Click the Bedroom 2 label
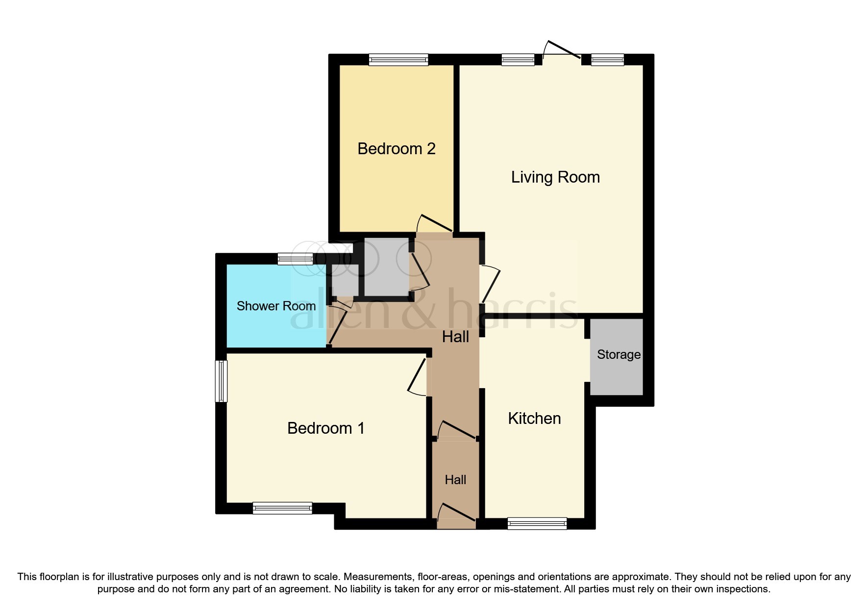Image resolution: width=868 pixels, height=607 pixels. click(x=396, y=148)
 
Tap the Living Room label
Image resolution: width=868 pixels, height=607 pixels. click(x=555, y=177)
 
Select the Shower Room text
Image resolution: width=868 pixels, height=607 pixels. click(x=276, y=306)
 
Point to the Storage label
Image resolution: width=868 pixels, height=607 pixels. click(x=619, y=354)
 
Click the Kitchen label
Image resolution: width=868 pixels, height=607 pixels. click(x=534, y=418)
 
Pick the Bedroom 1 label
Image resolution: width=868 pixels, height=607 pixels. click(x=326, y=428)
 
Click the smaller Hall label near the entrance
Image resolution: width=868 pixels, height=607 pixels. click(x=455, y=480)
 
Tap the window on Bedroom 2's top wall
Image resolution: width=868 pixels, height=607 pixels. click(x=398, y=60)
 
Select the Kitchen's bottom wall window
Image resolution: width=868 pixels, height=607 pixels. click(x=537, y=523)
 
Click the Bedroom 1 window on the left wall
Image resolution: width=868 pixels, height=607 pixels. click(x=222, y=381)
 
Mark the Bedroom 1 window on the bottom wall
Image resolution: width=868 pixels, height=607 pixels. click(x=282, y=508)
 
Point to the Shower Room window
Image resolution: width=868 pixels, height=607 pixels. click(x=295, y=259)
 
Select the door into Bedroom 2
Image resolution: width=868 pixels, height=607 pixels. click(x=434, y=224)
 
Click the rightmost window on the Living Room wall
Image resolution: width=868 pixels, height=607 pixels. click(x=607, y=60)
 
